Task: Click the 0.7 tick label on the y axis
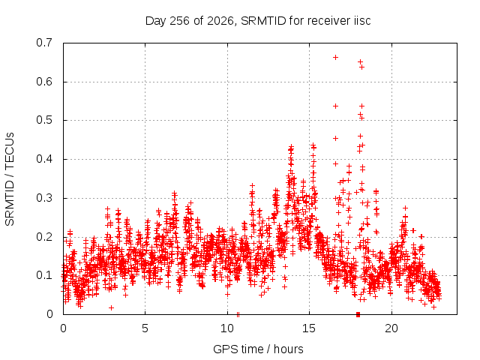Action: point(43,43)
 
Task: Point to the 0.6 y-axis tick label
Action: point(43,82)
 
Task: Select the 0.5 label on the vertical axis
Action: point(43,120)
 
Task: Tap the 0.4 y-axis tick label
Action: point(43,159)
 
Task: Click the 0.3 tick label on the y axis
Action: point(43,198)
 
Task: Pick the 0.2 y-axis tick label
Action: point(43,237)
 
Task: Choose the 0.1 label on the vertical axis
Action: point(43,275)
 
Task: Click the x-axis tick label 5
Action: point(145,328)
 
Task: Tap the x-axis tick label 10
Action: point(227,328)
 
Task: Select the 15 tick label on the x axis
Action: point(309,328)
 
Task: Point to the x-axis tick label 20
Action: point(391,328)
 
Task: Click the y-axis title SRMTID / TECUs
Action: point(10,179)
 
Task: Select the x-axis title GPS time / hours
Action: point(258,349)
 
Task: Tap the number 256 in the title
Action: point(180,21)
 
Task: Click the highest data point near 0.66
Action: point(335,57)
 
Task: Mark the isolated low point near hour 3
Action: point(112,307)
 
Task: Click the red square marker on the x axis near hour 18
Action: point(358,314)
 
